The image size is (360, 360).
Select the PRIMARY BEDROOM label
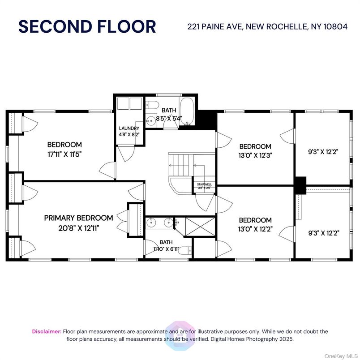78,218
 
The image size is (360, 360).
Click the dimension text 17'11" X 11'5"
64,154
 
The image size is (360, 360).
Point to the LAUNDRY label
129,129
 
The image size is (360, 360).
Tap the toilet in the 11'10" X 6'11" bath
183,252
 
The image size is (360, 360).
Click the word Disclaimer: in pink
47,331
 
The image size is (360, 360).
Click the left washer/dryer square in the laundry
122,104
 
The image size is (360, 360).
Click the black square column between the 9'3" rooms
300,185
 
